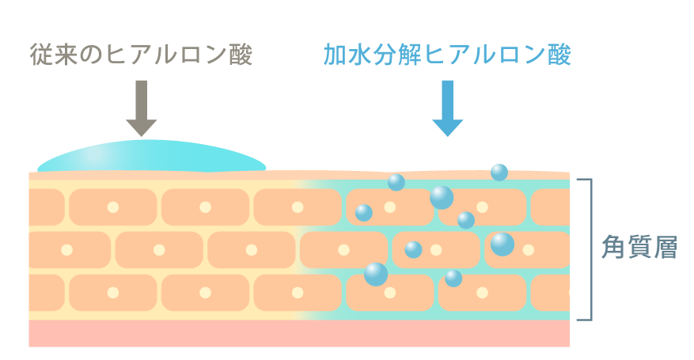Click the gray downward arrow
[142, 108]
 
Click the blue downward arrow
[447, 108]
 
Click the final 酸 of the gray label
[240, 55]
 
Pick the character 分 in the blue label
[390, 55]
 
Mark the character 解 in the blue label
[418, 55]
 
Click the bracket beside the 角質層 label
[590, 249]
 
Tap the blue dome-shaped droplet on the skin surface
[150, 159]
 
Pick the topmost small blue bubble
[499, 172]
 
